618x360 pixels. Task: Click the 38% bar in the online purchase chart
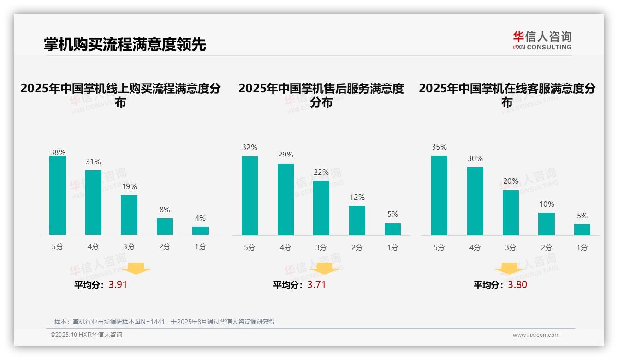(58, 195)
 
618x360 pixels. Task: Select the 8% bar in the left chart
(165, 227)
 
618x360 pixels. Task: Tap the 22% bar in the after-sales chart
(321, 208)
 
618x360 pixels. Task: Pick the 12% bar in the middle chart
(357, 220)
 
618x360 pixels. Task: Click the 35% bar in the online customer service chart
(439, 195)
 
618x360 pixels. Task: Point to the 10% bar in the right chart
(547, 224)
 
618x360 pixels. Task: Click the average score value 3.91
(118, 285)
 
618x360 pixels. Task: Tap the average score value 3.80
(517, 285)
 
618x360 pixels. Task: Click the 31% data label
(93, 162)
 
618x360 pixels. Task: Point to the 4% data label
(200, 218)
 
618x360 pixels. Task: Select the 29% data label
(285, 155)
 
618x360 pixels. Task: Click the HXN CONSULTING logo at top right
(542, 41)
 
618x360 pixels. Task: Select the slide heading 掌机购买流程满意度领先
(125, 45)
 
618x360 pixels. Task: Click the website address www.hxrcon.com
(536, 335)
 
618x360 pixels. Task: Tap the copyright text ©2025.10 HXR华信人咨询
(86, 335)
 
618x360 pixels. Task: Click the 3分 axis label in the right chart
(511, 247)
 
